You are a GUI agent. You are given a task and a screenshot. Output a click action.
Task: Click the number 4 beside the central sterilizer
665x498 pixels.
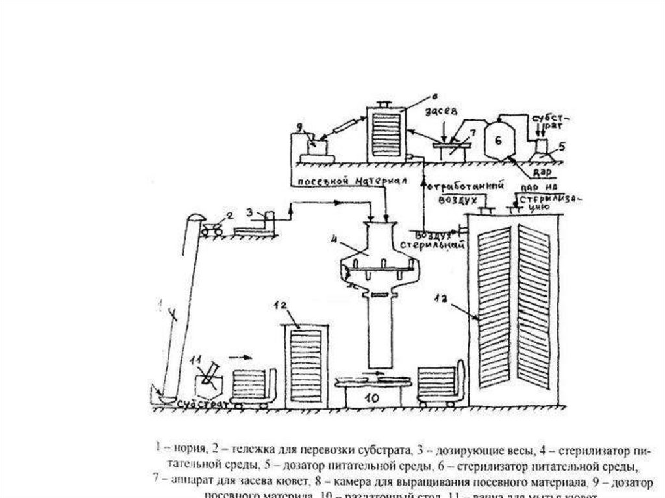tap(335, 238)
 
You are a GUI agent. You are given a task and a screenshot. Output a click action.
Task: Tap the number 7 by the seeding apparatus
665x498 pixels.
tap(472, 133)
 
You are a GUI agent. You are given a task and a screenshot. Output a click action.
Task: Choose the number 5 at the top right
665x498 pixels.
tap(562, 146)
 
